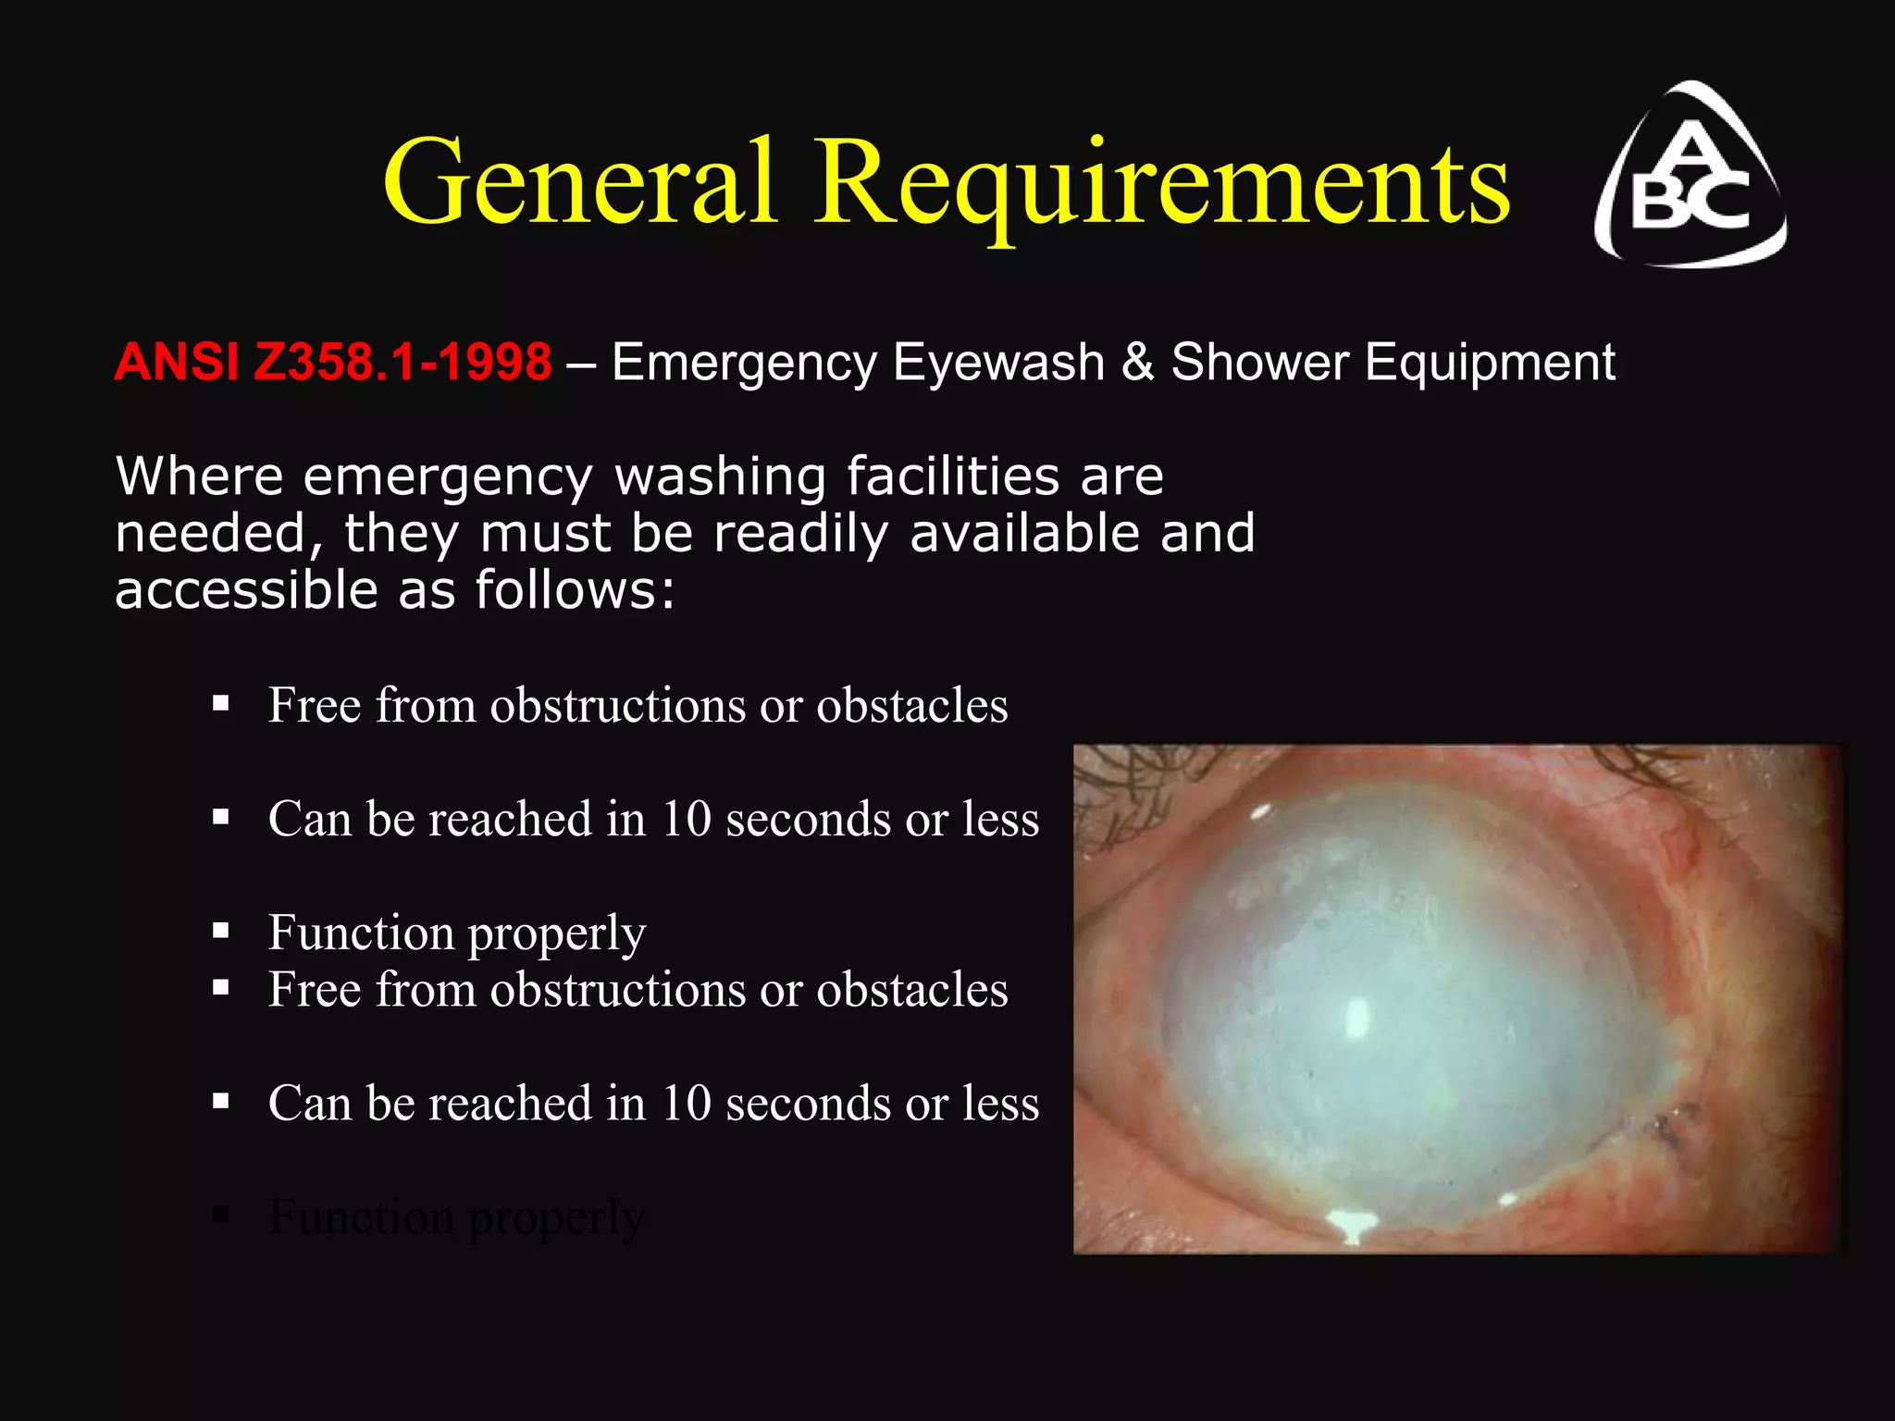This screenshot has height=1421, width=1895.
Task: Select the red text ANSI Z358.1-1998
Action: click(x=333, y=362)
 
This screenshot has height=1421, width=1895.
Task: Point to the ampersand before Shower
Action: click(x=1137, y=362)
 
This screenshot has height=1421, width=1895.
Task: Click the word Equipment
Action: click(x=1490, y=362)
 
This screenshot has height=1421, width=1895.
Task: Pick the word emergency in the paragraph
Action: click(x=448, y=477)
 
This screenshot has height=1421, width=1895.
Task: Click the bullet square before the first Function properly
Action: click(x=220, y=931)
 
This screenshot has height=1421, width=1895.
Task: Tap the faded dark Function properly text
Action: click(x=456, y=1217)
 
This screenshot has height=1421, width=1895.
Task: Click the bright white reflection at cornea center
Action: click(x=1356, y=1018)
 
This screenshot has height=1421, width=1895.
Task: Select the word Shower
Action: click(x=1259, y=362)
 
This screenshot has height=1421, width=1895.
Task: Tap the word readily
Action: click(x=800, y=535)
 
